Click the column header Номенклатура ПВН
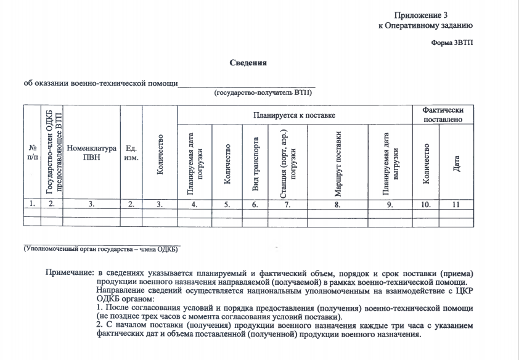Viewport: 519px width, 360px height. click(x=91, y=153)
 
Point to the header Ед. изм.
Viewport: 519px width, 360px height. click(x=131, y=153)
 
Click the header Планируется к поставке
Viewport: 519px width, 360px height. click(x=293, y=115)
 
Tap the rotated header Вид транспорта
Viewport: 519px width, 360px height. click(x=256, y=162)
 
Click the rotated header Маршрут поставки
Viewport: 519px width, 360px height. click(x=338, y=162)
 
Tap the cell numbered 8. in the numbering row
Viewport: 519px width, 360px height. click(x=338, y=203)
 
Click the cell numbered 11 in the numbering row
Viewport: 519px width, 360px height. click(x=457, y=203)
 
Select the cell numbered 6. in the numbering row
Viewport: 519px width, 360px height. click(x=256, y=203)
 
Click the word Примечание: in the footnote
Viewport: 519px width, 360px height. click(x=70, y=272)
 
